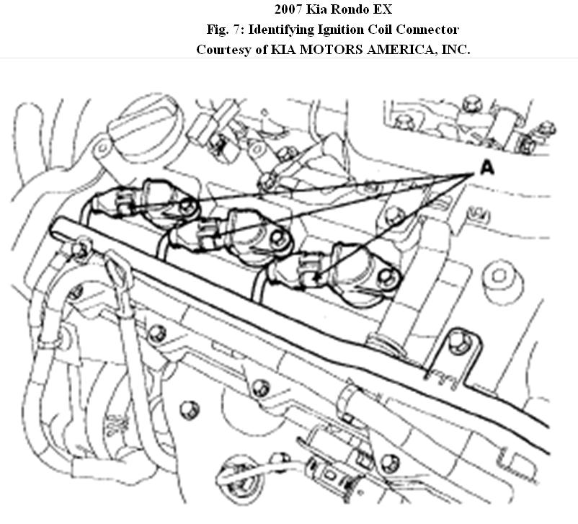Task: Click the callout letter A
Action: tap(487, 167)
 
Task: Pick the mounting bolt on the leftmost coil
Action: tap(190, 207)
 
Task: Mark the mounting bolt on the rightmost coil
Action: tap(390, 275)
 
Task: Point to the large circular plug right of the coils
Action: tap(498, 275)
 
